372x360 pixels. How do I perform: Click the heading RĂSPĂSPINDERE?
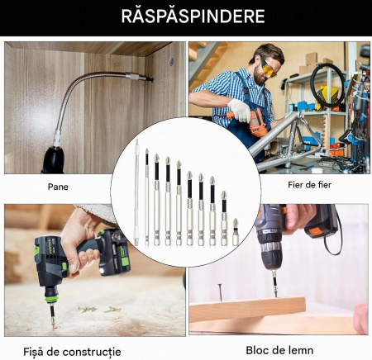[x=193, y=17]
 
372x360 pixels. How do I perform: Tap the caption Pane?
[x=58, y=187]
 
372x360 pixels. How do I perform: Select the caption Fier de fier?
[x=309, y=185]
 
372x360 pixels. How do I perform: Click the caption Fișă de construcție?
[x=72, y=352]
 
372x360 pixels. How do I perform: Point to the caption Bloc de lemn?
[x=279, y=350]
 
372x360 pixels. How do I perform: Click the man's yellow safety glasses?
[x=268, y=68]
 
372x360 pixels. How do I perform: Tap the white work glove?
[x=239, y=111]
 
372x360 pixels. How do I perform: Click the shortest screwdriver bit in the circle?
[x=235, y=232]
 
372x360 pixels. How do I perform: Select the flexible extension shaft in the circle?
[x=136, y=192]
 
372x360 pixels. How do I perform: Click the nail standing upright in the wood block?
[x=220, y=292]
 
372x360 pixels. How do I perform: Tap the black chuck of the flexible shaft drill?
[x=53, y=159]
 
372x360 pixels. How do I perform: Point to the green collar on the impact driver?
[x=51, y=300]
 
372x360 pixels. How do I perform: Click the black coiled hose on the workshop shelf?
[x=327, y=85]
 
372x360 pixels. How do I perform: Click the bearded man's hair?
[x=271, y=52]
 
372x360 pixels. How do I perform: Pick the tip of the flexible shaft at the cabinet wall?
[x=151, y=79]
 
